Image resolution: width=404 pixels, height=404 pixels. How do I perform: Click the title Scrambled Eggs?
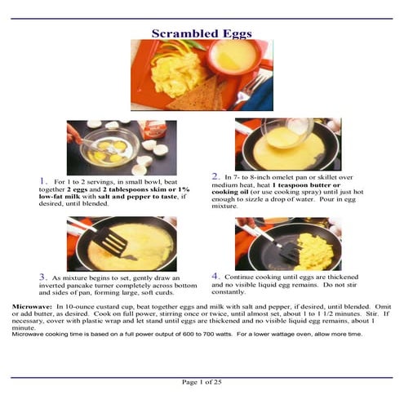[x=202, y=33]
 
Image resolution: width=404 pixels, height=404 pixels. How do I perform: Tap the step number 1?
[x=42, y=180]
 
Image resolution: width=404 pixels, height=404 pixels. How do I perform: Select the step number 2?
[x=215, y=175]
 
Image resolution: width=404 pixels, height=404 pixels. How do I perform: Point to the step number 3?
[x=42, y=277]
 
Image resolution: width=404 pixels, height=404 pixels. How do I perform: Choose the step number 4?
[x=215, y=276]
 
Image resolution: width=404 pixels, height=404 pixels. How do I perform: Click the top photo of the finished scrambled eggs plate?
[x=202, y=74]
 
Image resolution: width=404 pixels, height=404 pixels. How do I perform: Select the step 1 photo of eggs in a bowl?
[x=122, y=147]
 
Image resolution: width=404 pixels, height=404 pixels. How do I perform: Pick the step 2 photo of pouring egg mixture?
[x=287, y=144]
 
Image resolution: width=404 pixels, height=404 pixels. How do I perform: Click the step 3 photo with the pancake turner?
[x=122, y=244]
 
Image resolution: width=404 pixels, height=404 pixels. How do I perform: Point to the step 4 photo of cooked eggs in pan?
[x=287, y=243]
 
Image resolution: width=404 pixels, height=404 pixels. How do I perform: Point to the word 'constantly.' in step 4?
[x=229, y=292]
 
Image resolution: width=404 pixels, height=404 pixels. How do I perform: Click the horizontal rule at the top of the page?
[x=202, y=19]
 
